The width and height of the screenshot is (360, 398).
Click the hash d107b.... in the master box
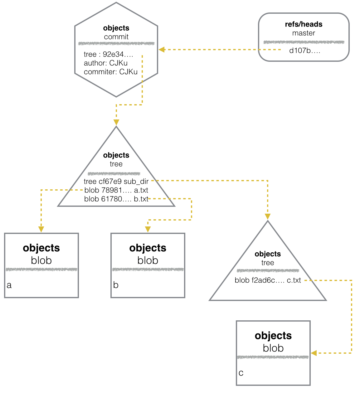point(305,51)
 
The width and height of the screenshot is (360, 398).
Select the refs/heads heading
point(304,24)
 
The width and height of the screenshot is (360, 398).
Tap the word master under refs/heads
point(304,33)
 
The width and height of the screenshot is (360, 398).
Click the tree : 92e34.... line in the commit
point(108,54)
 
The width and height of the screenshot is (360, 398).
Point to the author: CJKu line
point(105,63)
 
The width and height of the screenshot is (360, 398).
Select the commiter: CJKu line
point(110,72)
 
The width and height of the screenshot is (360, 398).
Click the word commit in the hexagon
point(116,37)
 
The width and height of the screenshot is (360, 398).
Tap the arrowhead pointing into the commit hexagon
point(162,50)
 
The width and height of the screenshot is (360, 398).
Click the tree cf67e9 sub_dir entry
point(116,181)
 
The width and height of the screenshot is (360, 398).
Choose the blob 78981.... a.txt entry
point(116,190)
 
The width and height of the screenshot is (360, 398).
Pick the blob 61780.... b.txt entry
point(116,199)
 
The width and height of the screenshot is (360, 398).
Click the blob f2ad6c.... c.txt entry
point(268,280)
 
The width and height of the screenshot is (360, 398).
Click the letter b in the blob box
point(116,285)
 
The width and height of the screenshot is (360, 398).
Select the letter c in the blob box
point(241,373)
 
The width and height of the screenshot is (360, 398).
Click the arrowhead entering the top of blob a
point(41,229)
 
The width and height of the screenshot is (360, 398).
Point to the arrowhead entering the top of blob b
point(148,229)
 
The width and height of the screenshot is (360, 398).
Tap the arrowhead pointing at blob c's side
point(314,353)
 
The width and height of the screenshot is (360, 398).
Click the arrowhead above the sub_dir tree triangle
point(268,217)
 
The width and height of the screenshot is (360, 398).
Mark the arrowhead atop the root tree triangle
point(116,122)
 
